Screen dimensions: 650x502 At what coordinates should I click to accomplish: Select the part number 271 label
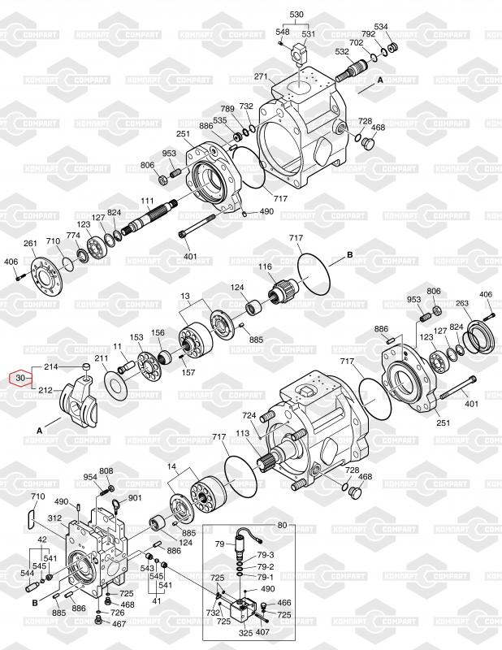click(x=261, y=76)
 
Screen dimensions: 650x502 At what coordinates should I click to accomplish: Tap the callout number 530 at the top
click(x=296, y=15)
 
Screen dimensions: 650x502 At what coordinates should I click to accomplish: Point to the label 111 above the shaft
click(x=148, y=201)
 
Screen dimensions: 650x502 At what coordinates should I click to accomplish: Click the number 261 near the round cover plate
click(x=30, y=243)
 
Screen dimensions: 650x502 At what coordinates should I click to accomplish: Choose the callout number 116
click(x=266, y=267)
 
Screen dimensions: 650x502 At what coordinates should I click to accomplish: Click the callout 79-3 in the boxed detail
click(x=266, y=555)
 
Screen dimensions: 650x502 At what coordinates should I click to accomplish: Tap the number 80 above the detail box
click(x=282, y=524)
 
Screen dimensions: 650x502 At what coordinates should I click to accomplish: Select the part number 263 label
click(x=462, y=304)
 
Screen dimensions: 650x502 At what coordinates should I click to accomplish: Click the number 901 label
click(x=135, y=498)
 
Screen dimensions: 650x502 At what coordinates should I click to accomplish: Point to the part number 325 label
click(x=245, y=631)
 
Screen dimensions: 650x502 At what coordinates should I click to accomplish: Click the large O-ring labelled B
click(x=315, y=273)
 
